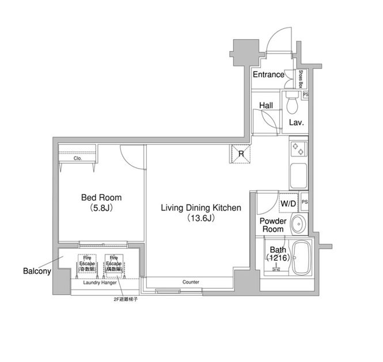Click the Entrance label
[268, 74]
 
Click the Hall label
[266, 106]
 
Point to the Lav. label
[296, 123]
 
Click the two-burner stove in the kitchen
[298, 149]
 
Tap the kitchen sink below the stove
[298, 176]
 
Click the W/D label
[288, 204]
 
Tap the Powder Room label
[273, 225]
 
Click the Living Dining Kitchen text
[200, 208]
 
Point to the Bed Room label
[101, 198]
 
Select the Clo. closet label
[78, 158]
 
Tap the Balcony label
[37, 270]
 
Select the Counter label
[191, 282]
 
